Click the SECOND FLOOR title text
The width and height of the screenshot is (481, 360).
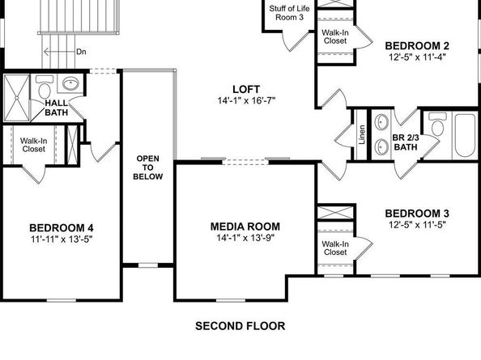[240, 327]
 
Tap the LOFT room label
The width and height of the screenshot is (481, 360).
[245, 89]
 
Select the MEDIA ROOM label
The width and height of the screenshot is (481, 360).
[245, 227]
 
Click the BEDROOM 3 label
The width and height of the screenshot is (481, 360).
[416, 214]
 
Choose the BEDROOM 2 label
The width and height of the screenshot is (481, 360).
[416, 45]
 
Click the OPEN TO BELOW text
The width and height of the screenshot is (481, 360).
[149, 167]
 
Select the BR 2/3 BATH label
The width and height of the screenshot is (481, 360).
[405, 143]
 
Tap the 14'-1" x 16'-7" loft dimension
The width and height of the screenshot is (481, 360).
[245, 101]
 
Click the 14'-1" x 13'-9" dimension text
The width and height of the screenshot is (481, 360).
[245, 239]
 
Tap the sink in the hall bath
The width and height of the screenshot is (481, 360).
[70, 83]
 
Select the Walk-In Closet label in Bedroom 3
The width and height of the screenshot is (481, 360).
[335, 248]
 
